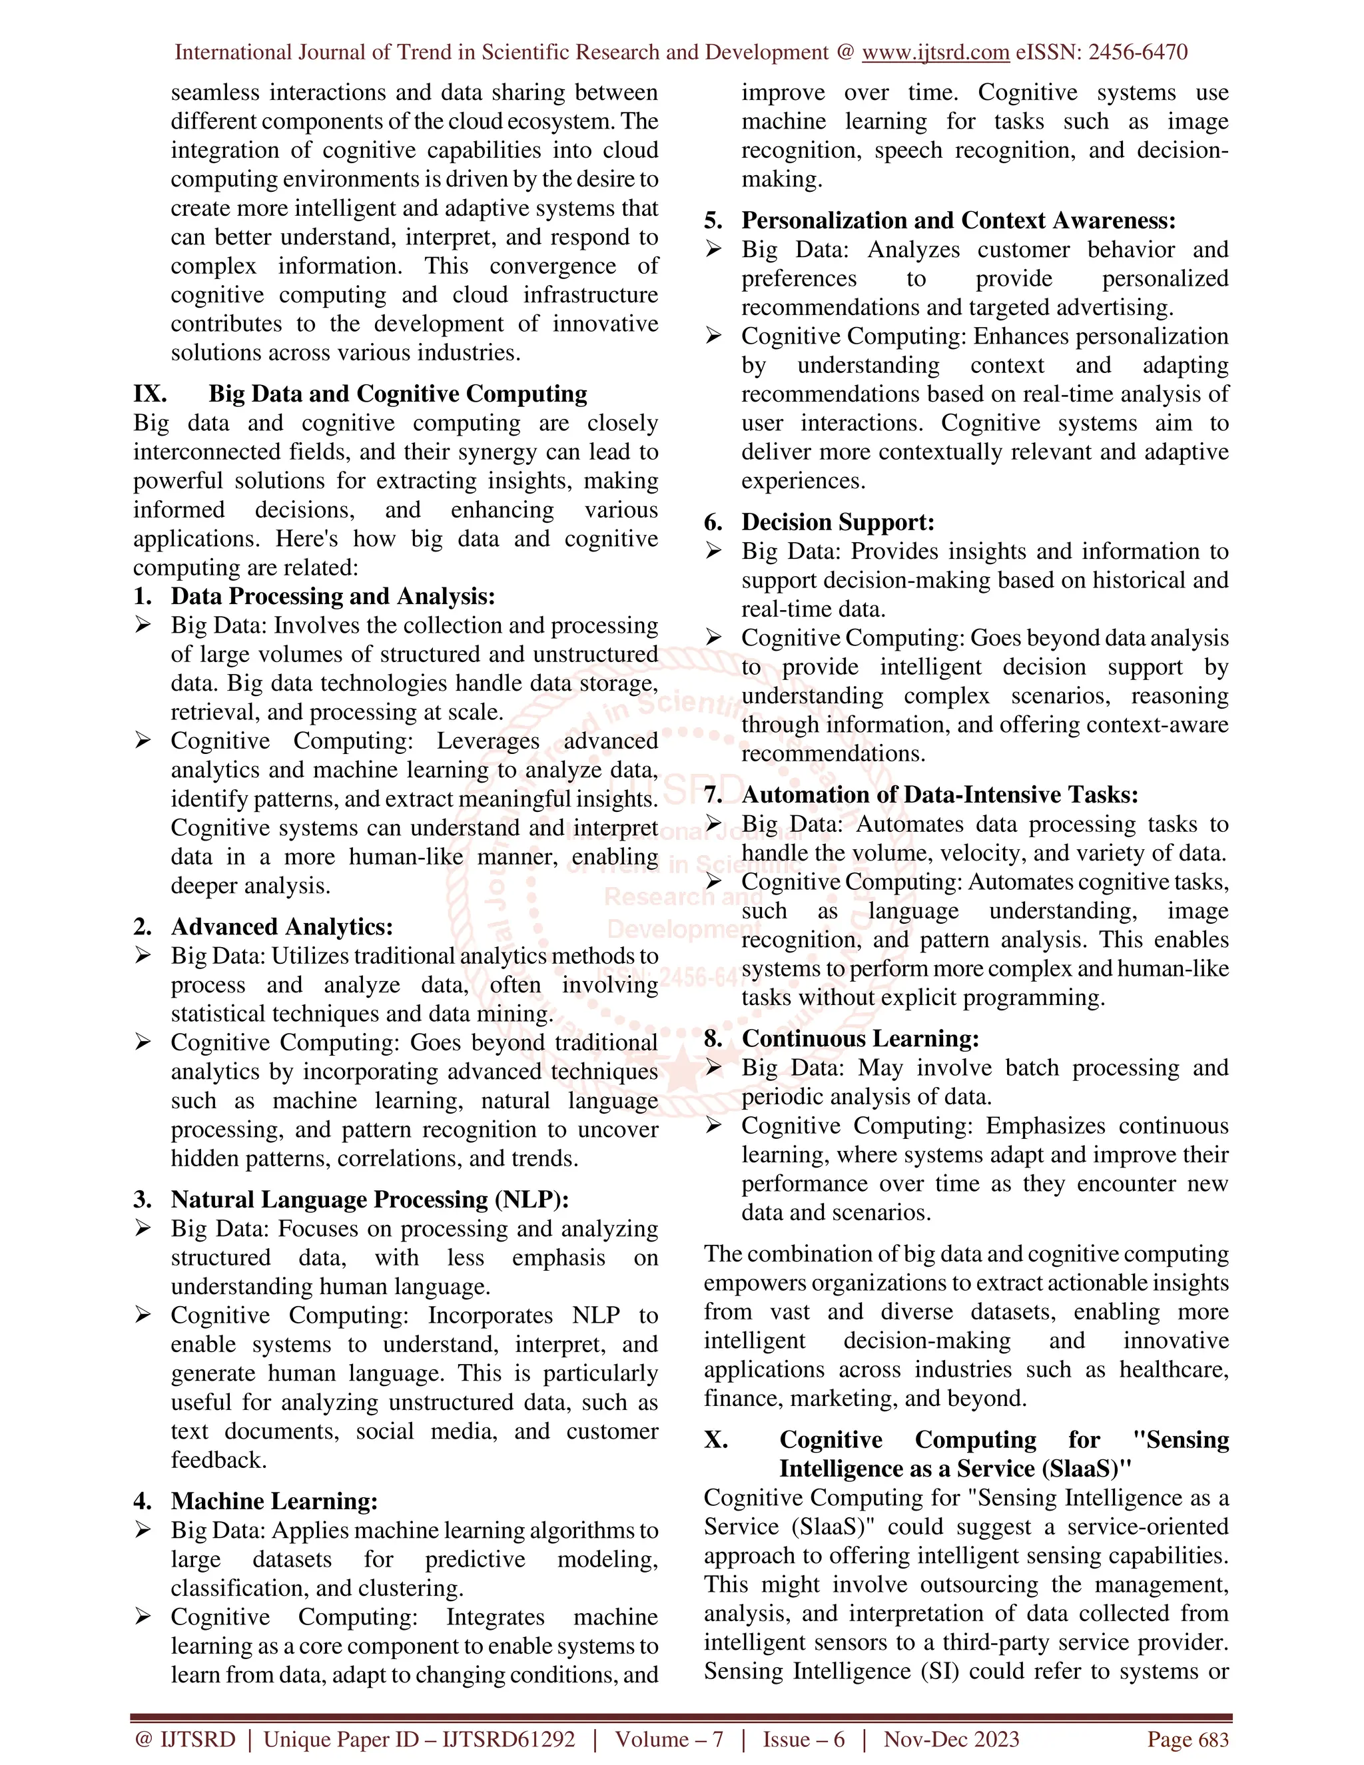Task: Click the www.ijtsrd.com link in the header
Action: pos(935,53)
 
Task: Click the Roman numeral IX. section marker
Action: pos(151,394)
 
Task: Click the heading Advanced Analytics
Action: pos(281,926)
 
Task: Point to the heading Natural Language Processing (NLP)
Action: pos(369,1200)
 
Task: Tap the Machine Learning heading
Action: pos(274,1501)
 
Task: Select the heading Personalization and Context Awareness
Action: pos(958,220)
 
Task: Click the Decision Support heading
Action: pos(837,522)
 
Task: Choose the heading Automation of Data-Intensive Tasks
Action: pos(939,795)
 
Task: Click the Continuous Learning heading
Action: pos(860,1038)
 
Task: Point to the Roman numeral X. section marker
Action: pos(716,1439)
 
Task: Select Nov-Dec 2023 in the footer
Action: pos(951,1739)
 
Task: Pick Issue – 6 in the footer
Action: pos(803,1739)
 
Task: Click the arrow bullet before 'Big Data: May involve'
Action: pos(713,1068)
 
